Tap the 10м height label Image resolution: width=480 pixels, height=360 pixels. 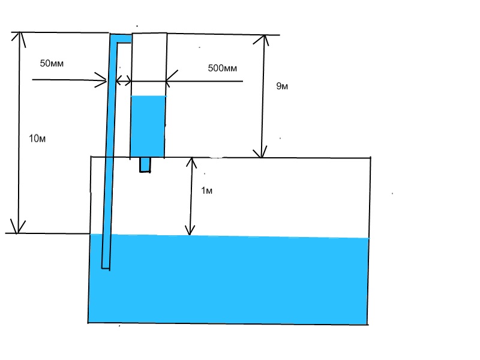[37, 139]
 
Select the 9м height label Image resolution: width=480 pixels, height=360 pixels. [282, 86]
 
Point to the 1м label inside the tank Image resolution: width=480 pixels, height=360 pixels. [206, 191]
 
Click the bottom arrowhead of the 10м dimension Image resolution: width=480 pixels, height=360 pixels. [20, 228]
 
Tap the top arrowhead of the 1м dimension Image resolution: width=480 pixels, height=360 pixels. [191, 162]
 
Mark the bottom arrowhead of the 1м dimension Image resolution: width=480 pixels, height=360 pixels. [190, 229]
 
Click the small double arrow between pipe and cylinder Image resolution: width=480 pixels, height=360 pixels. [124, 80]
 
